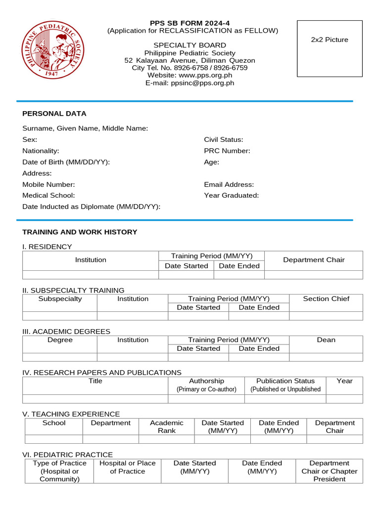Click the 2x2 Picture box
(330, 48)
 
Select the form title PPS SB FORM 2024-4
(190, 23)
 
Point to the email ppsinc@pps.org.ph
(202, 83)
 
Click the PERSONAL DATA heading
(54, 114)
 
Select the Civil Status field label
(223, 140)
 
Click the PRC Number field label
(227, 151)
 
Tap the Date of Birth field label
(66, 162)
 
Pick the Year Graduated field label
(231, 195)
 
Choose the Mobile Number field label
(48, 184)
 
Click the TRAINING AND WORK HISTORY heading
(80, 232)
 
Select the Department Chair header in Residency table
(314, 260)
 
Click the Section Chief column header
(326, 298)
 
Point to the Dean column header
(326, 340)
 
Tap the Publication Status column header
(285, 381)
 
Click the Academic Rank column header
(167, 426)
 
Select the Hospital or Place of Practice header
(128, 467)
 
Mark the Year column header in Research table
(344, 381)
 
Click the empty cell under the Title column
(95, 399)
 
